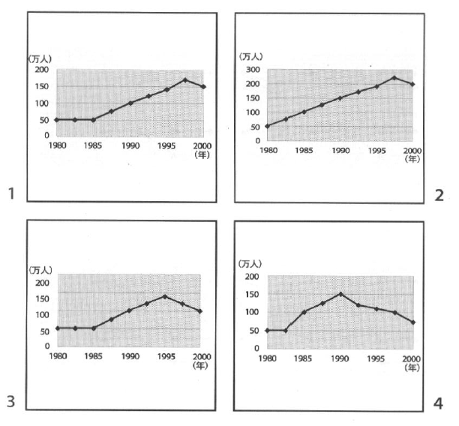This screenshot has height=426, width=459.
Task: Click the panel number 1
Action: coord(11,194)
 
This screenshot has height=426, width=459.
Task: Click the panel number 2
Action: coord(439,195)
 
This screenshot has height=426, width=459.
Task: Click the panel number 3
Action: coord(11,402)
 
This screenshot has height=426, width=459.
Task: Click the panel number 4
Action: coord(438,403)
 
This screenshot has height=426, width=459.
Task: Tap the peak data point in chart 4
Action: coord(340,294)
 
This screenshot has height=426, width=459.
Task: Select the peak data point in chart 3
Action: coord(165,296)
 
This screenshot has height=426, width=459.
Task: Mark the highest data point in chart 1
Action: coord(185,80)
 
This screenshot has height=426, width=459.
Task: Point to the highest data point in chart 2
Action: coord(394,77)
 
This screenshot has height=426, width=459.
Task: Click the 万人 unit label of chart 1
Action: coord(40,58)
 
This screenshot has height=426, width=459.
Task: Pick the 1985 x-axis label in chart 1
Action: coord(93,145)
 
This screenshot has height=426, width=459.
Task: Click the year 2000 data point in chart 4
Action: coord(413,322)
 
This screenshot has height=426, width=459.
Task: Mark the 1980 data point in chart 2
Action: coord(268,126)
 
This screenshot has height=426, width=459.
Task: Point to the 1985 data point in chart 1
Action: coord(93,119)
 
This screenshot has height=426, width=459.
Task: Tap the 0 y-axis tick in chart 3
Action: coord(46,346)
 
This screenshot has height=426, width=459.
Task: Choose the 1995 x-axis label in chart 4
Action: coord(376,359)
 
